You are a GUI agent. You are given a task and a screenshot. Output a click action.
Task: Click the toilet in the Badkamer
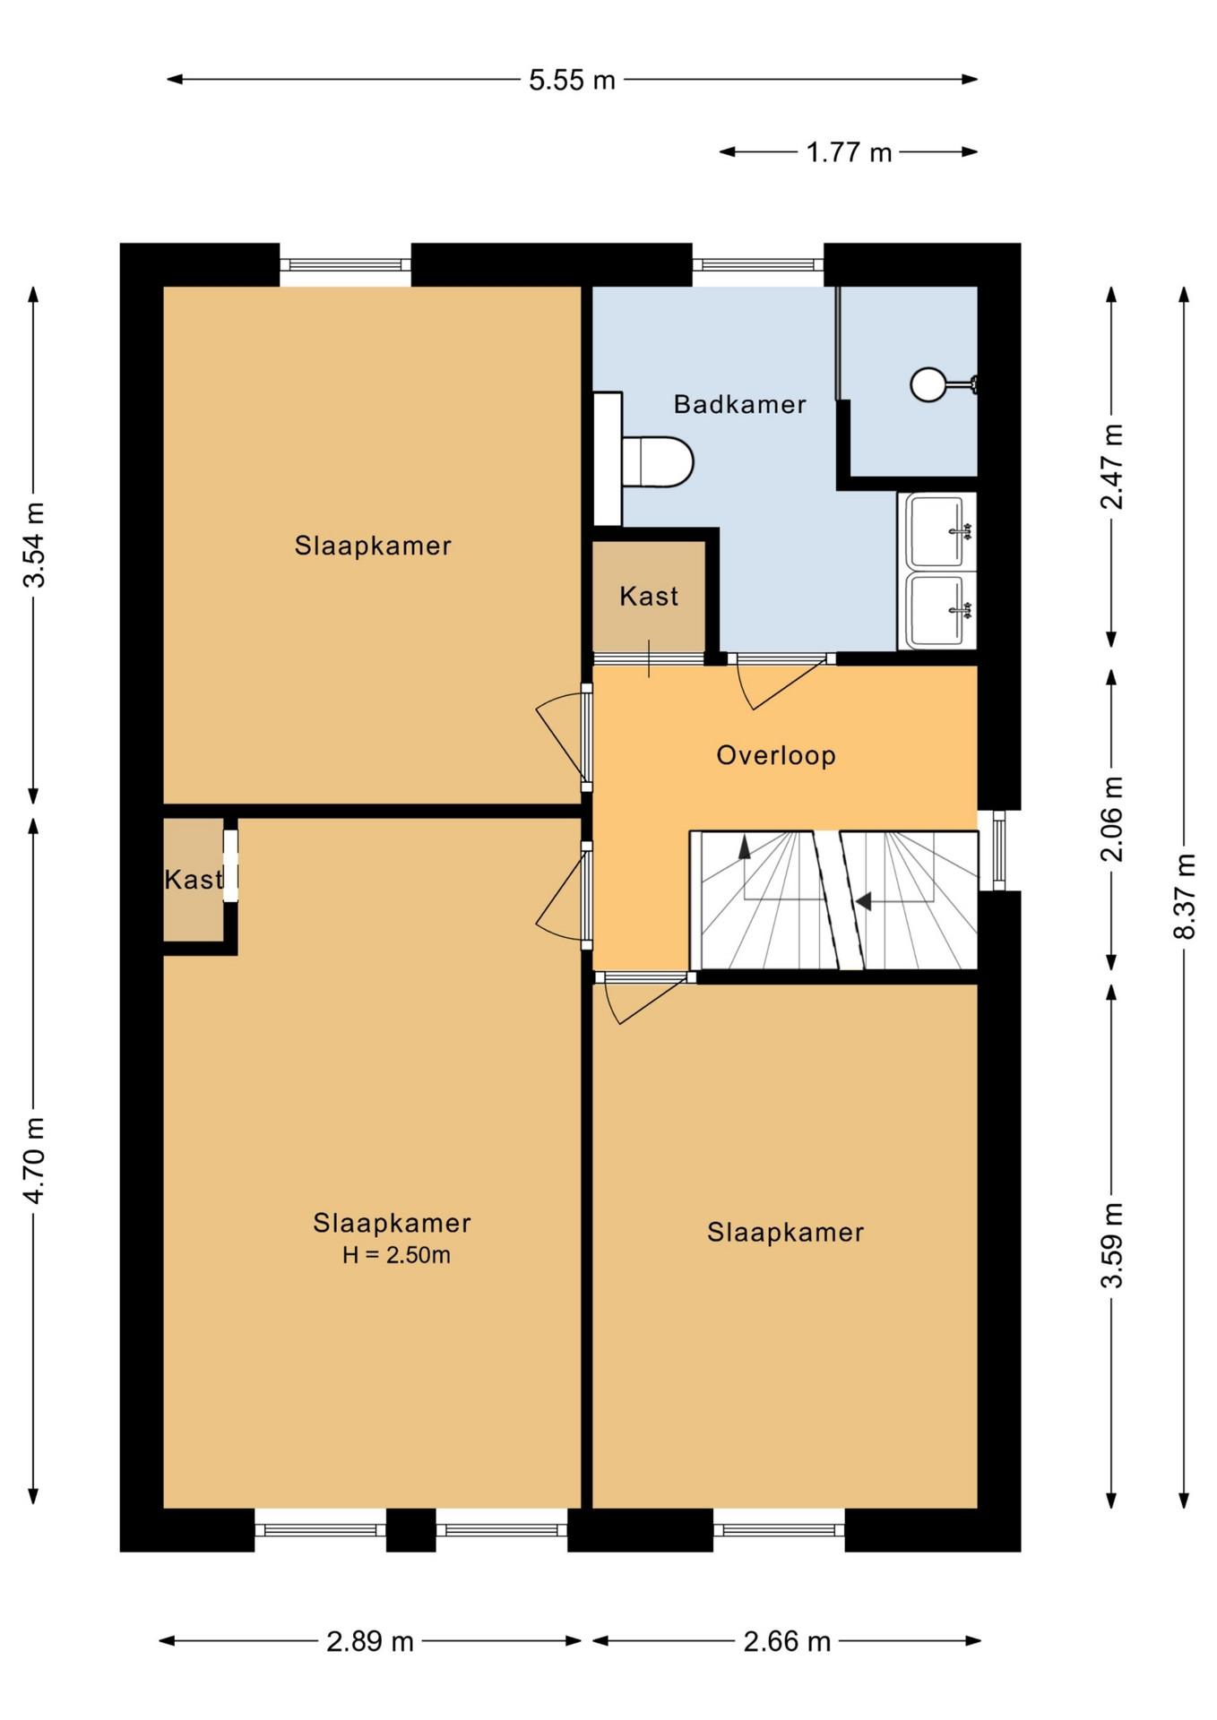point(658,462)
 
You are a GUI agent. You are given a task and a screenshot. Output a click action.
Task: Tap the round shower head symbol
point(928,384)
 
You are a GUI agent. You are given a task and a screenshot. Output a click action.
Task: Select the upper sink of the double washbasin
point(937,531)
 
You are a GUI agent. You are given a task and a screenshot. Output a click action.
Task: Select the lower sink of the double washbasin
point(937,610)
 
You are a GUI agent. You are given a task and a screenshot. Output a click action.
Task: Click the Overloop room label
point(776,755)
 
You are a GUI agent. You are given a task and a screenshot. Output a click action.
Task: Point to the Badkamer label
point(740,404)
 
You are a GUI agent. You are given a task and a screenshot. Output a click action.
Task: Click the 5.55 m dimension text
point(572,80)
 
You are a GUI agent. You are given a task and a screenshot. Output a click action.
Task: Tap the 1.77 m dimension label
point(849,152)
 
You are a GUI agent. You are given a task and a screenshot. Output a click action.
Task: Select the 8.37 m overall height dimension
point(1185,896)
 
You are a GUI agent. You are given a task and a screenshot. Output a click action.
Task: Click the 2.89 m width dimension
point(370,1641)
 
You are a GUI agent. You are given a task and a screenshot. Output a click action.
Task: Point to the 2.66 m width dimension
point(787,1641)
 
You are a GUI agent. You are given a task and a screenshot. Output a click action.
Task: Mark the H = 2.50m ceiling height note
point(396,1255)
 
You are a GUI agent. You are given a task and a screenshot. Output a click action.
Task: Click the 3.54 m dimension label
point(34,545)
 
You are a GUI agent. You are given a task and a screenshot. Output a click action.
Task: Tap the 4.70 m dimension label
point(34,1161)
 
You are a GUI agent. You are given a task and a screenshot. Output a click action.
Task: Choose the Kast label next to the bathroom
point(649,596)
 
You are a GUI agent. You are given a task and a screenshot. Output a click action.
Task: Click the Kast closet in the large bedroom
point(194,879)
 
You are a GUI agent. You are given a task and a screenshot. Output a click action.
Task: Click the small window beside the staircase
point(998,850)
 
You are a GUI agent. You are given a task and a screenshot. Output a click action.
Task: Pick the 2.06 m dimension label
point(1111,819)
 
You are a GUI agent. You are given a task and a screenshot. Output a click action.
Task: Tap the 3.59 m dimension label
point(1111,1245)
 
